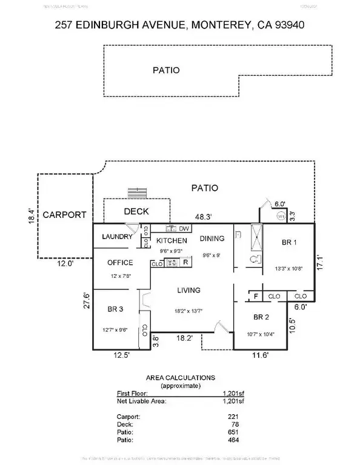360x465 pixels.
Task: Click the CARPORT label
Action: pos(64,214)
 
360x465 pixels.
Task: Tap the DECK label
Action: pos(136,211)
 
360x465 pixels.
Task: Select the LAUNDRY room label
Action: pos(117,237)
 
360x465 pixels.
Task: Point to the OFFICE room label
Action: pos(120,262)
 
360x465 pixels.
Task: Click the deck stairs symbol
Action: pos(139,193)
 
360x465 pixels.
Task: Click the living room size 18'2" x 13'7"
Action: pos(188,311)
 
